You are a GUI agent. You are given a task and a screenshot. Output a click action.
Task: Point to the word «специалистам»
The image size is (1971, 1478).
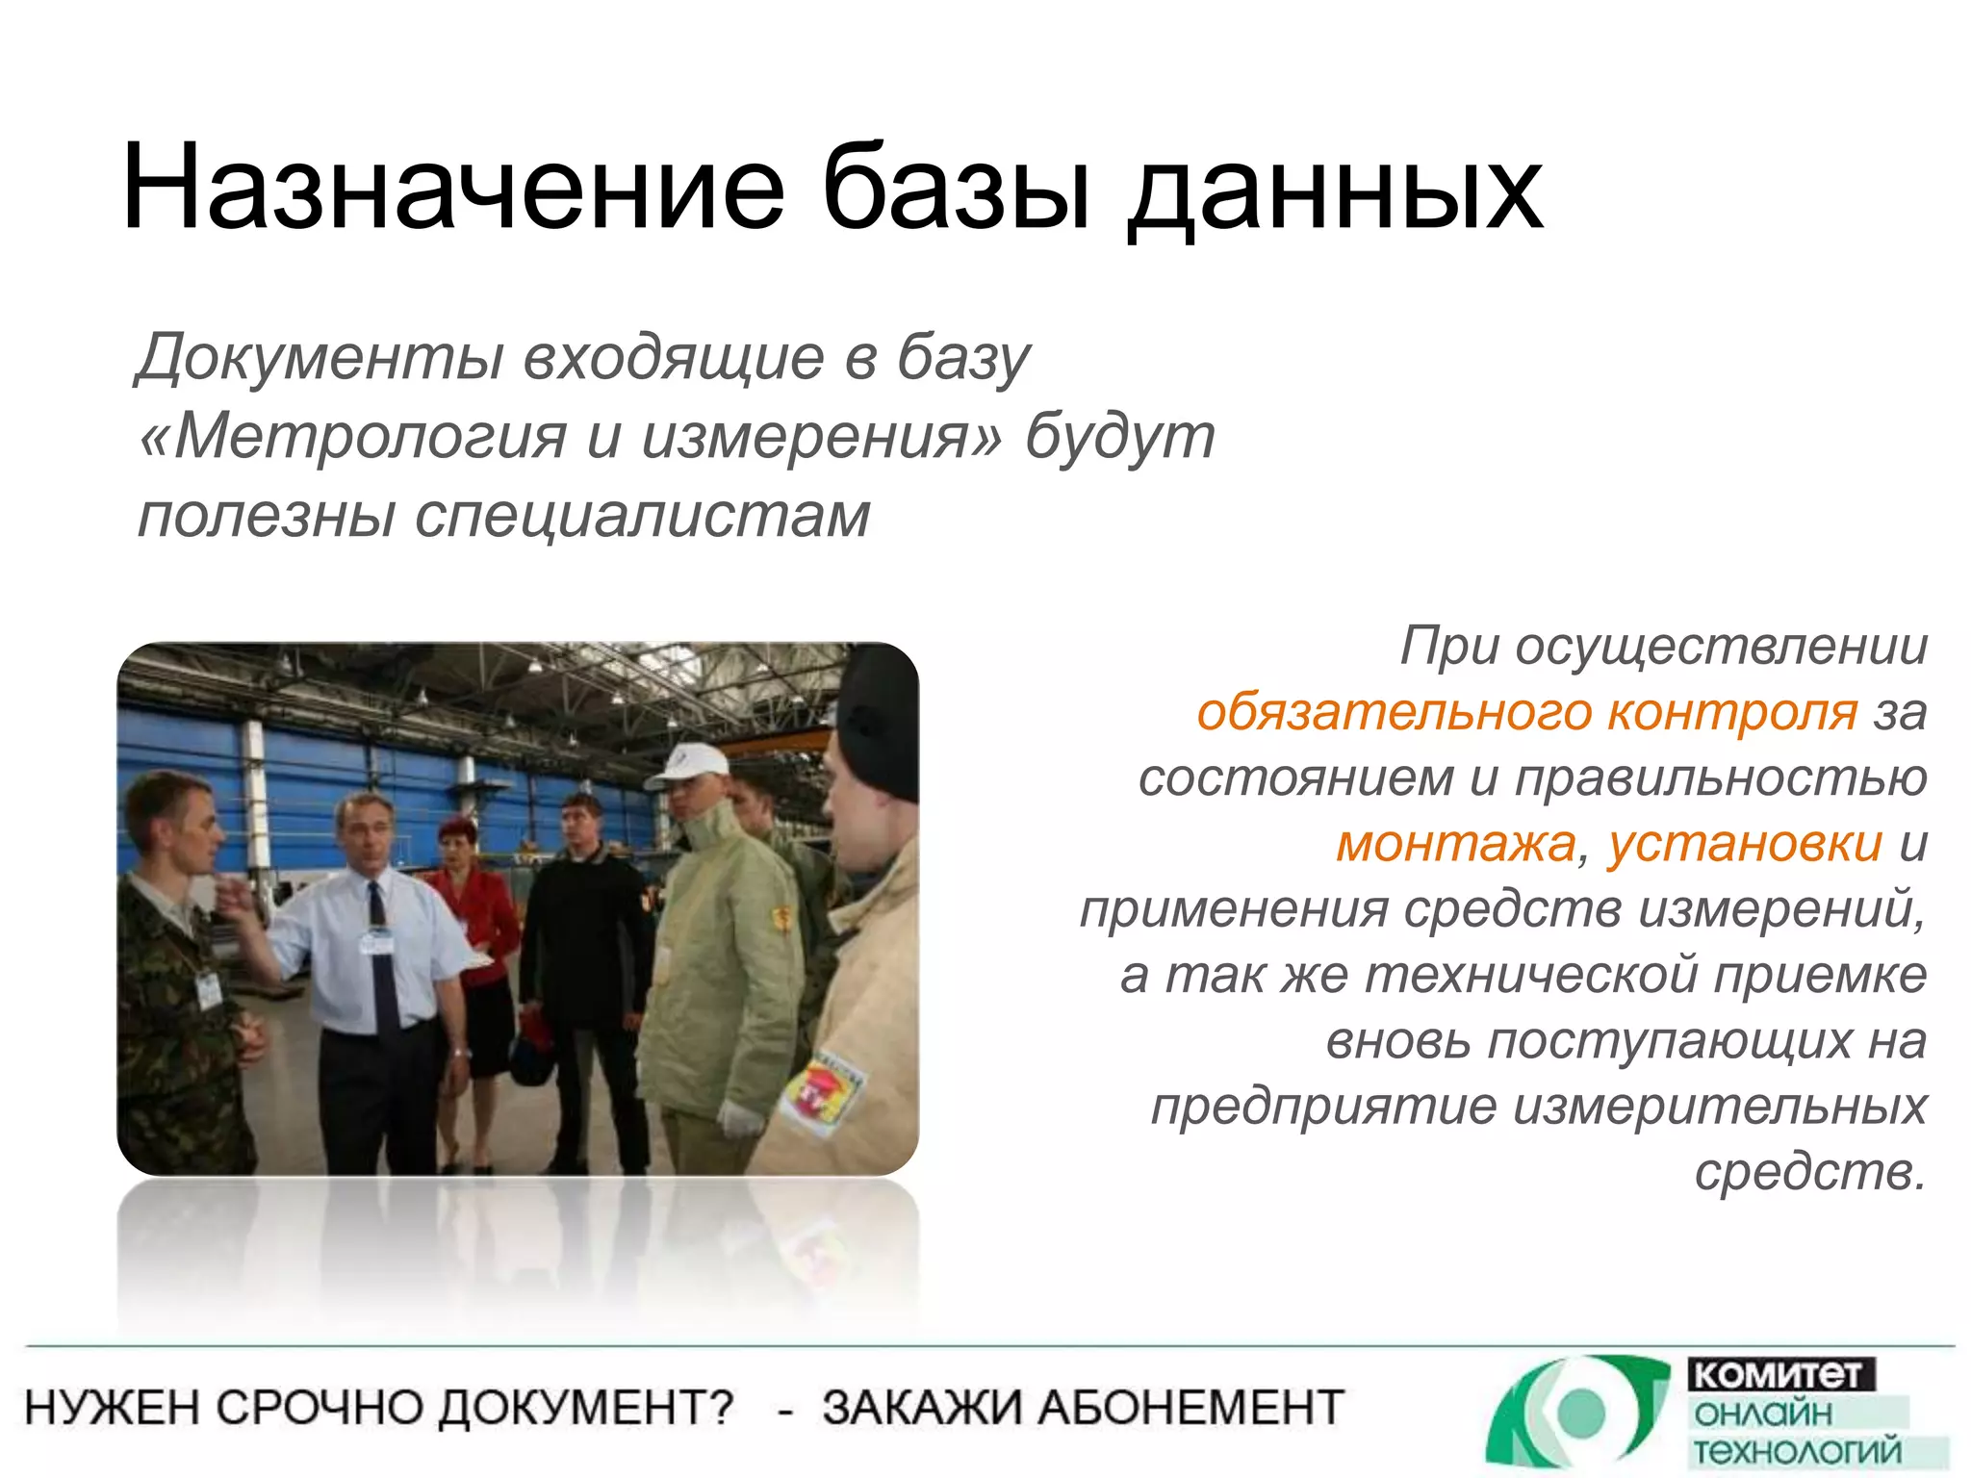tap(642, 516)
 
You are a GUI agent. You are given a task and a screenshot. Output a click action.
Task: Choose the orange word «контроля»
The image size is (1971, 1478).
tap(1731, 712)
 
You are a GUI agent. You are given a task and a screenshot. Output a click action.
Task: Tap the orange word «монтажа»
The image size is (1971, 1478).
tap(1456, 844)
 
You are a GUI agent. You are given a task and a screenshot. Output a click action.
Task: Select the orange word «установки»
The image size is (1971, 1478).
tap(1744, 844)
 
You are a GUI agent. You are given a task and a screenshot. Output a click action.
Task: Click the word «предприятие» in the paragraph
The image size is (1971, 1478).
tap(1323, 1106)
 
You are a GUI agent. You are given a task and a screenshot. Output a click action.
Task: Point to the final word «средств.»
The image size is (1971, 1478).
tap(1809, 1171)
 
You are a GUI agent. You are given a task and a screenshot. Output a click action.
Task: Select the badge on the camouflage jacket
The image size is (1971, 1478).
tap(209, 989)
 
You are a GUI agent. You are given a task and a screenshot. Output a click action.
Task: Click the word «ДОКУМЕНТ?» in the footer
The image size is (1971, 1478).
tap(586, 1408)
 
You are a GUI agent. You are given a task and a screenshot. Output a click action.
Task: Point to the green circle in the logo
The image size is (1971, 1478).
tap(1580, 1412)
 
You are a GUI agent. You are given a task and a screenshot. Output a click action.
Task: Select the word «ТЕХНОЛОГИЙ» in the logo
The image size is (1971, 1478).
tap(1796, 1450)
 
